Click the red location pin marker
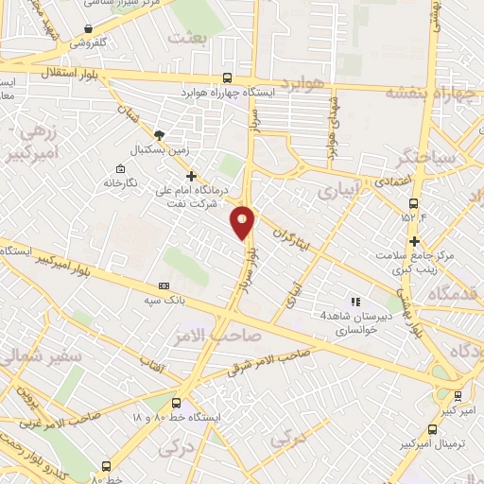(x=244, y=221)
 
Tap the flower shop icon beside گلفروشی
(x=88, y=28)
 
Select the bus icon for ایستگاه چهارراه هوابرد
(x=225, y=78)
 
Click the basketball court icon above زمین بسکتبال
(x=159, y=134)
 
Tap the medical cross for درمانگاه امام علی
(x=191, y=176)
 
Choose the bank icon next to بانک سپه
(x=164, y=285)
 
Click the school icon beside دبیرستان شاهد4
(x=354, y=302)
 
